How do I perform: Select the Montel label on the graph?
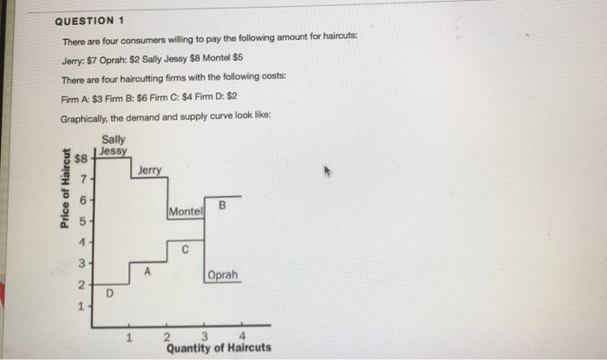tap(186, 212)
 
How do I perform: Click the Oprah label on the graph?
tap(222, 275)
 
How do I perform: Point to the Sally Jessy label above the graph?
tap(114, 145)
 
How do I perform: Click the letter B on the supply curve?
tap(222, 206)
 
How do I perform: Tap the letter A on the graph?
tap(148, 272)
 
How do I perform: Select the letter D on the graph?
tap(108, 296)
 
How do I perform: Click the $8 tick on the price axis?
tap(82, 160)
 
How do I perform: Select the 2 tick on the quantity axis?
tap(167, 337)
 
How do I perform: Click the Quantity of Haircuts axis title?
tap(219, 349)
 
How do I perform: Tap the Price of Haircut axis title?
tap(65, 188)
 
